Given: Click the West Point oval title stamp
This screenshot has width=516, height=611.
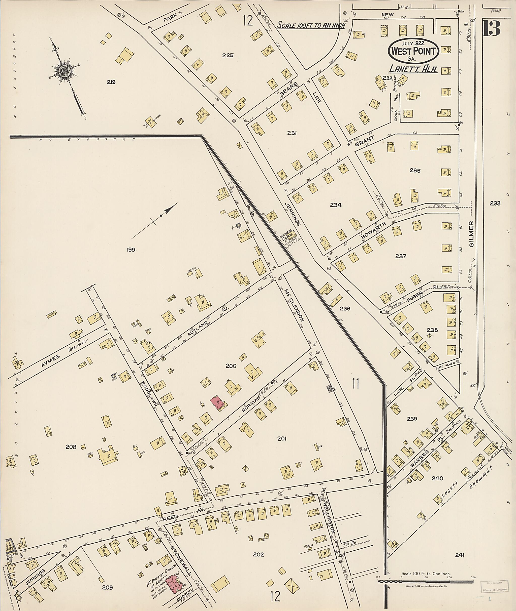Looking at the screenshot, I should [x=413, y=51].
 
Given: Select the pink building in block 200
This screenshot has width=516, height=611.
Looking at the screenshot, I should [x=217, y=403].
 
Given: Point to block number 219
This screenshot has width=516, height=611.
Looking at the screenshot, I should [x=111, y=82].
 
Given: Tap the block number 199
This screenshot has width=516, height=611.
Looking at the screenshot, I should [x=131, y=250].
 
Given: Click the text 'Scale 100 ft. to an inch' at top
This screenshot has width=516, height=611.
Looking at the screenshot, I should [x=311, y=25].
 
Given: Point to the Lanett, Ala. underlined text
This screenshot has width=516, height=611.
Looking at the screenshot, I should [x=413, y=69].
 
